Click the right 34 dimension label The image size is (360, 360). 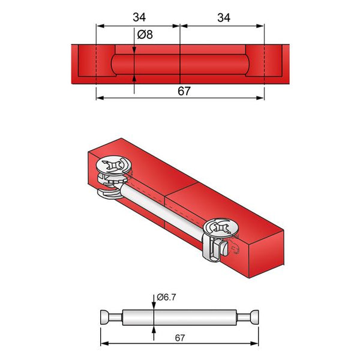click(223, 18)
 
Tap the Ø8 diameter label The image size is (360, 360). click(145, 35)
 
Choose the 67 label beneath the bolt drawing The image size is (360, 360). click(180, 338)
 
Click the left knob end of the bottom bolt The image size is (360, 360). click(106, 317)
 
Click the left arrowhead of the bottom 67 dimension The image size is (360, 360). click(104, 344)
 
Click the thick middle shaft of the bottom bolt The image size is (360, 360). click(180, 317)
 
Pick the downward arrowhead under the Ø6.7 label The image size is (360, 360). click(154, 306)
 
